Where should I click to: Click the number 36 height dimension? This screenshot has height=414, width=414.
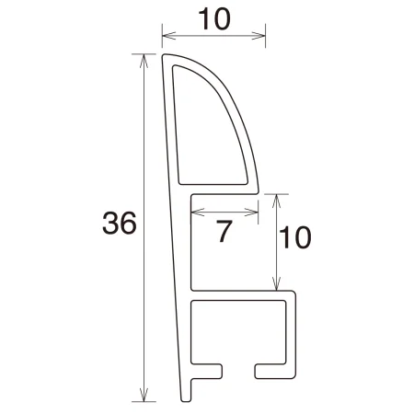pos(120,224)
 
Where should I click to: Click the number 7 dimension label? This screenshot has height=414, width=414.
pos(223,233)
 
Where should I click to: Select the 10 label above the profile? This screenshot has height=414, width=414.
pos(213,17)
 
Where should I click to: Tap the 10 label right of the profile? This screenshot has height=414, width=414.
pos(294,238)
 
